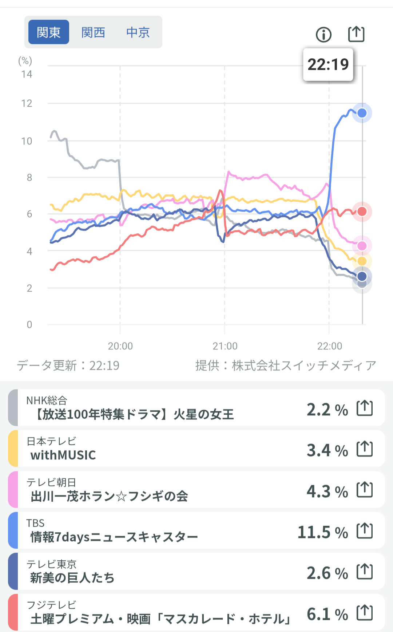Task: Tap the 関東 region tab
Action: (x=49, y=32)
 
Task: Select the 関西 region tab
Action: (x=93, y=32)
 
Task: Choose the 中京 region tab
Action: (x=138, y=32)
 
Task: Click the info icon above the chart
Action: (x=323, y=35)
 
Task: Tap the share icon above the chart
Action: (x=356, y=34)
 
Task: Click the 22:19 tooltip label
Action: (x=328, y=64)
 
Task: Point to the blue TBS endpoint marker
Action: (x=362, y=113)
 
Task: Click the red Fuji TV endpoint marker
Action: (x=362, y=212)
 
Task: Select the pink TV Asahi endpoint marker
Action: (x=362, y=246)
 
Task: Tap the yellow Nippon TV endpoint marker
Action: (x=362, y=261)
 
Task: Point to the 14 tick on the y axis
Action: (x=27, y=74)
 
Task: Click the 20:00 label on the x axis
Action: (x=120, y=346)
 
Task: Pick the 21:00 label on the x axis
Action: (x=225, y=346)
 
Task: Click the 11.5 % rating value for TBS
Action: (x=323, y=532)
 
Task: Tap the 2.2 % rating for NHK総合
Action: (x=327, y=410)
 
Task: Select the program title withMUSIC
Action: (x=63, y=455)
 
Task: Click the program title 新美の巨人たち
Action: (x=72, y=578)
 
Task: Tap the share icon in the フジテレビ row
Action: (x=365, y=612)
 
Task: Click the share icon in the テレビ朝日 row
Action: (x=365, y=490)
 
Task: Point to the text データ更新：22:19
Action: (x=68, y=365)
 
